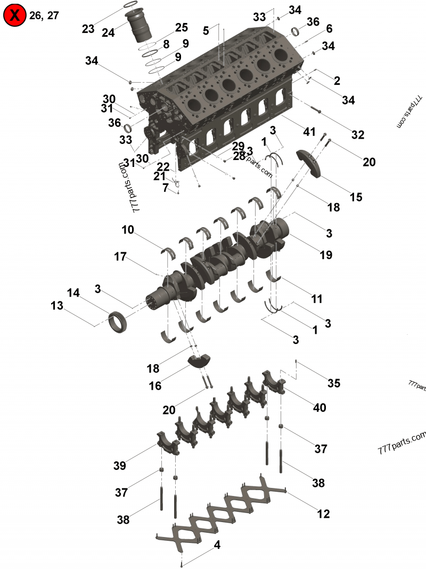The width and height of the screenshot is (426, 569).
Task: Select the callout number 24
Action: click(108, 33)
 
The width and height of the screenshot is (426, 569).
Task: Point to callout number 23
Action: click(88, 29)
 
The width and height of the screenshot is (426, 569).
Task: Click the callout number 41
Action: click(309, 131)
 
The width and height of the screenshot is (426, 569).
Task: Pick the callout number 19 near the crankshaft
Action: click(326, 255)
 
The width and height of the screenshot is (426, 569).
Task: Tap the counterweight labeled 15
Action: click(314, 163)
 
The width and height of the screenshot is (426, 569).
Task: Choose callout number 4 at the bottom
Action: click(217, 545)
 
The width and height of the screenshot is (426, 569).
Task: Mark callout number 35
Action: click(334, 383)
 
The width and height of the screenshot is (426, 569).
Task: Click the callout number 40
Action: click(319, 408)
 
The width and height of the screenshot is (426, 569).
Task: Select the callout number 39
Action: click(119, 466)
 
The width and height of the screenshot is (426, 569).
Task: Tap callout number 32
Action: click(357, 135)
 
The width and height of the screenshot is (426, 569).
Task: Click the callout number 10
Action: click(127, 230)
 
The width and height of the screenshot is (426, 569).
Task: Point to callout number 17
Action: click(120, 257)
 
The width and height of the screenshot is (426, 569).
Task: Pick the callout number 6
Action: click(329, 28)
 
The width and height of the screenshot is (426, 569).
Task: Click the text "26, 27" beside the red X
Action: click(44, 15)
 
